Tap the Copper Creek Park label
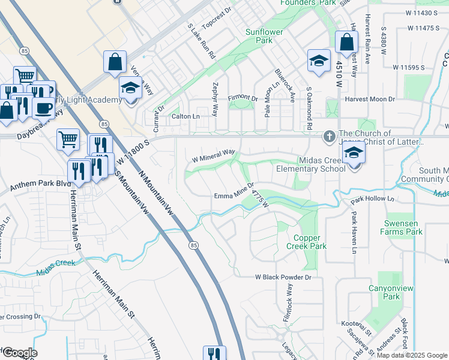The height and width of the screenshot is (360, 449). (x=306, y=242)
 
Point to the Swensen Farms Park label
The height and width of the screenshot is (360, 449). (x=403, y=227)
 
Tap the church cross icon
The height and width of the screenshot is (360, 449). (x=329, y=137)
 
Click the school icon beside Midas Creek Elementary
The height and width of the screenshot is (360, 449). (x=354, y=154)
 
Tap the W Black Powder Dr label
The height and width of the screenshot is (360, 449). (x=283, y=277)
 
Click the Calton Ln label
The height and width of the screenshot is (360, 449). (x=185, y=116)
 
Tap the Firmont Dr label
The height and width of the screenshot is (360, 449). (x=242, y=98)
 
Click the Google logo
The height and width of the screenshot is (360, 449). (x=19, y=353)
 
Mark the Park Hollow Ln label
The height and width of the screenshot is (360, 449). (x=373, y=199)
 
